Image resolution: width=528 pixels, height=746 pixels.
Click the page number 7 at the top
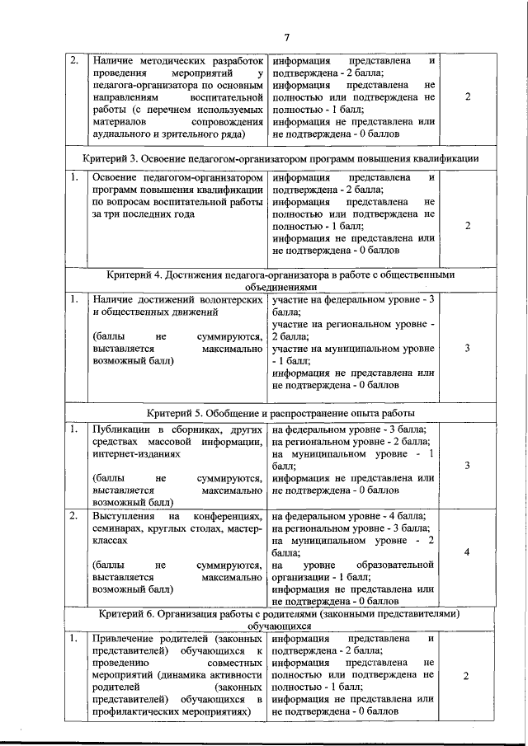(286, 37)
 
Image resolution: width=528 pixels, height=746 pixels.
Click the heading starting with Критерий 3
(281, 157)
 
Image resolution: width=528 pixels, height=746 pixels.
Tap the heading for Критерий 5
(281, 413)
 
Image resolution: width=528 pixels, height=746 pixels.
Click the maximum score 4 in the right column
(467, 552)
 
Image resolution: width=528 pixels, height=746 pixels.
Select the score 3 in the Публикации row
(467, 466)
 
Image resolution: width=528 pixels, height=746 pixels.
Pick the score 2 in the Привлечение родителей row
(467, 675)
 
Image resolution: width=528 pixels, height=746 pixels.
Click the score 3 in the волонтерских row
(467, 348)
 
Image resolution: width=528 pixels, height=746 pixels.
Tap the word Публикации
(121, 429)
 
